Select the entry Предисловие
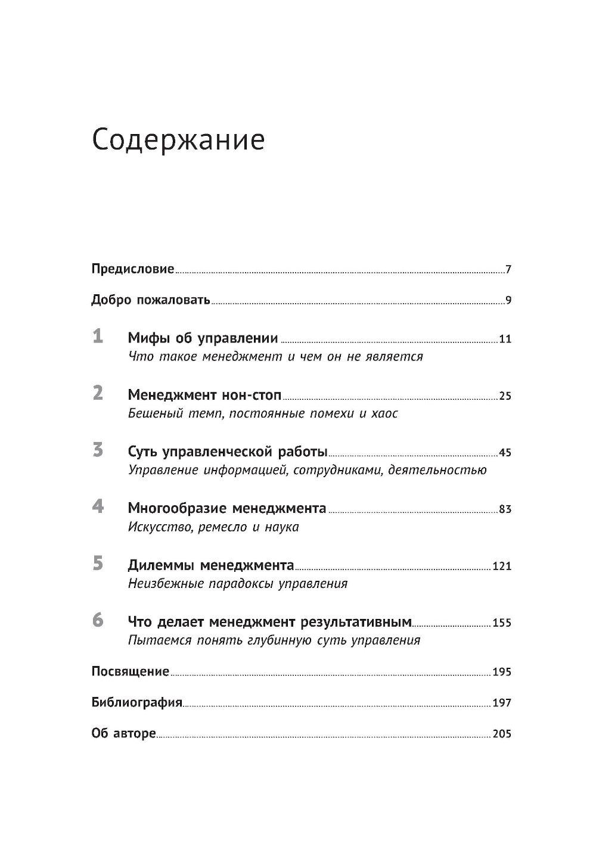(132, 269)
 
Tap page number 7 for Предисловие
(508, 270)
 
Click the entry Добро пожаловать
(150, 300)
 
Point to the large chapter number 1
(98, 337)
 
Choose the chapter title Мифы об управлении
(203, 339)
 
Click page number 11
(505, 340)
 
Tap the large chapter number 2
(98, 393)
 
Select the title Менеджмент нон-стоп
(204, 396)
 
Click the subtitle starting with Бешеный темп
(263, 413)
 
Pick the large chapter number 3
(98, 450)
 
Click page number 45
(505, 453)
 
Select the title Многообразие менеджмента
(227, 509)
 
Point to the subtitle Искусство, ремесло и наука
(213, 527)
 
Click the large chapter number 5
(98, 564)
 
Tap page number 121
(502, 567)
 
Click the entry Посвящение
(131, 671)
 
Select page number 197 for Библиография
(502, 703)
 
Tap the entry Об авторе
(123, 733)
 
